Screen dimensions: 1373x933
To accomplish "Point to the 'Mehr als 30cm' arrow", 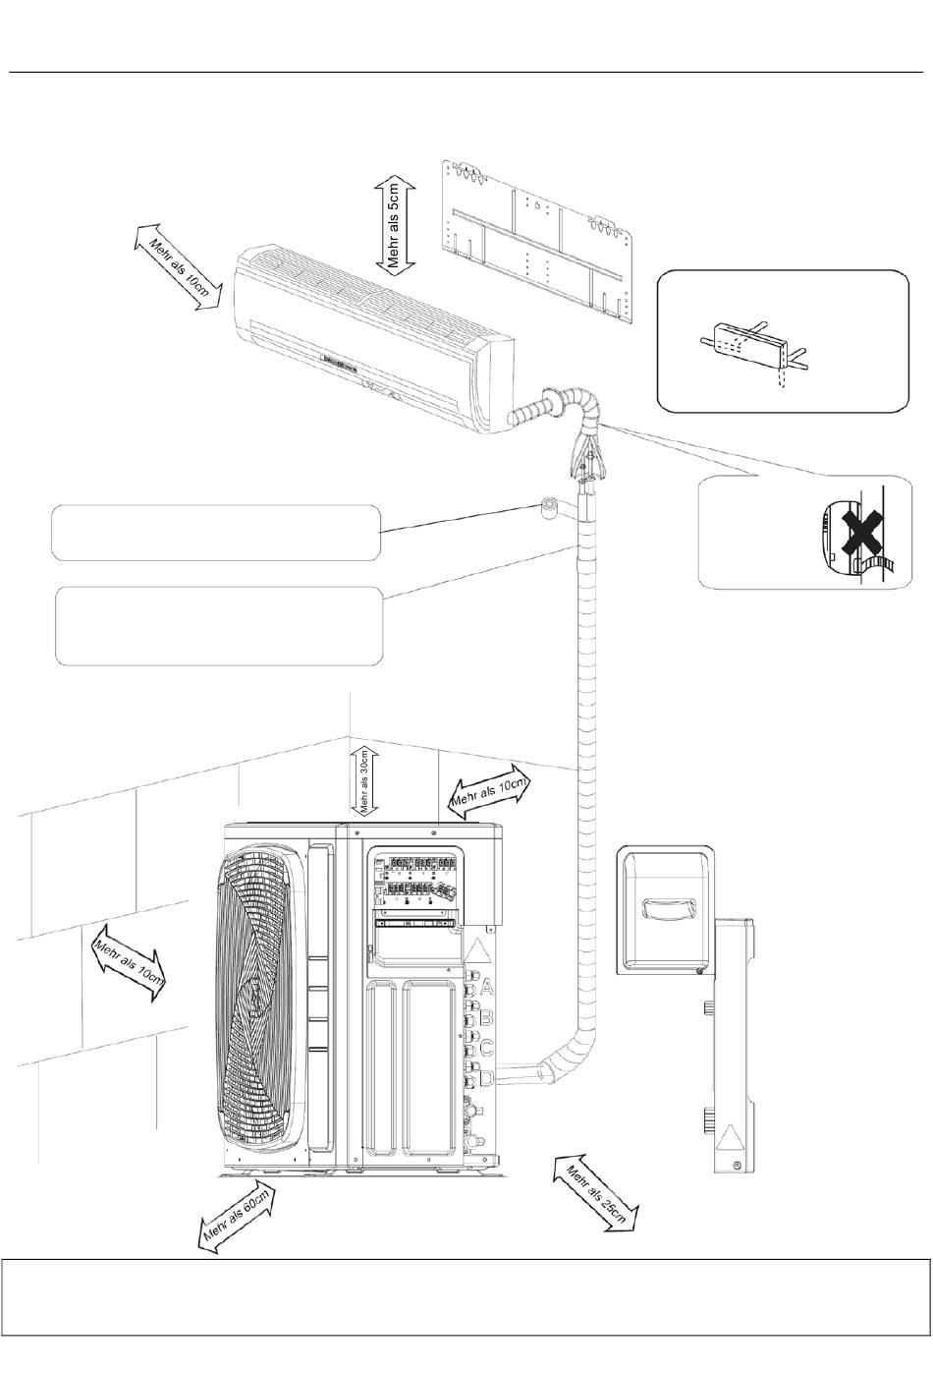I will coord(363,780).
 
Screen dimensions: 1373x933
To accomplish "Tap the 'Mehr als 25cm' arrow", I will coord(603,1193).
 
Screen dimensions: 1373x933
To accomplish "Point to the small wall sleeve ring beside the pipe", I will coord(550,507).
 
